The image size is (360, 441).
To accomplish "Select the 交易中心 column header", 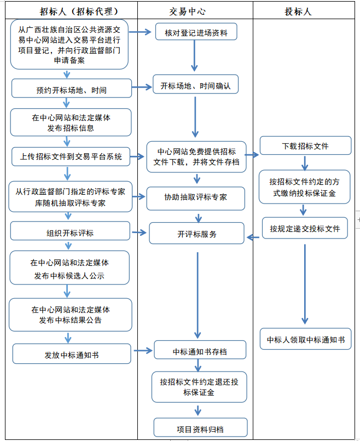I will click(x=195, y=11).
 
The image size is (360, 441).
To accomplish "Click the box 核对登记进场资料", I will click(x=195, y=33).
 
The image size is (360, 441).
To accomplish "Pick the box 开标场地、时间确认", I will click(x=195, y=86).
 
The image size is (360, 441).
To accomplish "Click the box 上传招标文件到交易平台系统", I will click(x=71, y=156).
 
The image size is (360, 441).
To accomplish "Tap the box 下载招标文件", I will click(x=305, y=146).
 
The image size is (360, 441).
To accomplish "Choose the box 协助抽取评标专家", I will click(x=195, y=198).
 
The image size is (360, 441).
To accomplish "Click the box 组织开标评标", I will click(x=70, y=233).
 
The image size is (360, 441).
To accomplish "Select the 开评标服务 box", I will click(x=196, y=234).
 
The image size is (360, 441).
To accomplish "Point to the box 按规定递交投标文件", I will click(x=305, y=228).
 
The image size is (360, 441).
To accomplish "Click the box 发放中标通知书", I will click(x=72, y=355).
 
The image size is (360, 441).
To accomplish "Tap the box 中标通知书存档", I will click(x=199, y=351).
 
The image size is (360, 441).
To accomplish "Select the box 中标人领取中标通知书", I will click(x=305, y=340).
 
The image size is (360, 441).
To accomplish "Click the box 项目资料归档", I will click(x=200, y=429).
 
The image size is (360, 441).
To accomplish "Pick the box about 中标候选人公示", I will click(x=71, y=269).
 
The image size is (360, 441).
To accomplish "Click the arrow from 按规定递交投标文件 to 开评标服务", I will click(x=252, y=237).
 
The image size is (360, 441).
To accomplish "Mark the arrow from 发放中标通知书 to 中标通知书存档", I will click(x=142, y=351).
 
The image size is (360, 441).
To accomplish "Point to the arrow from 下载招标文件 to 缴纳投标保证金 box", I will click(x=305, y=163).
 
